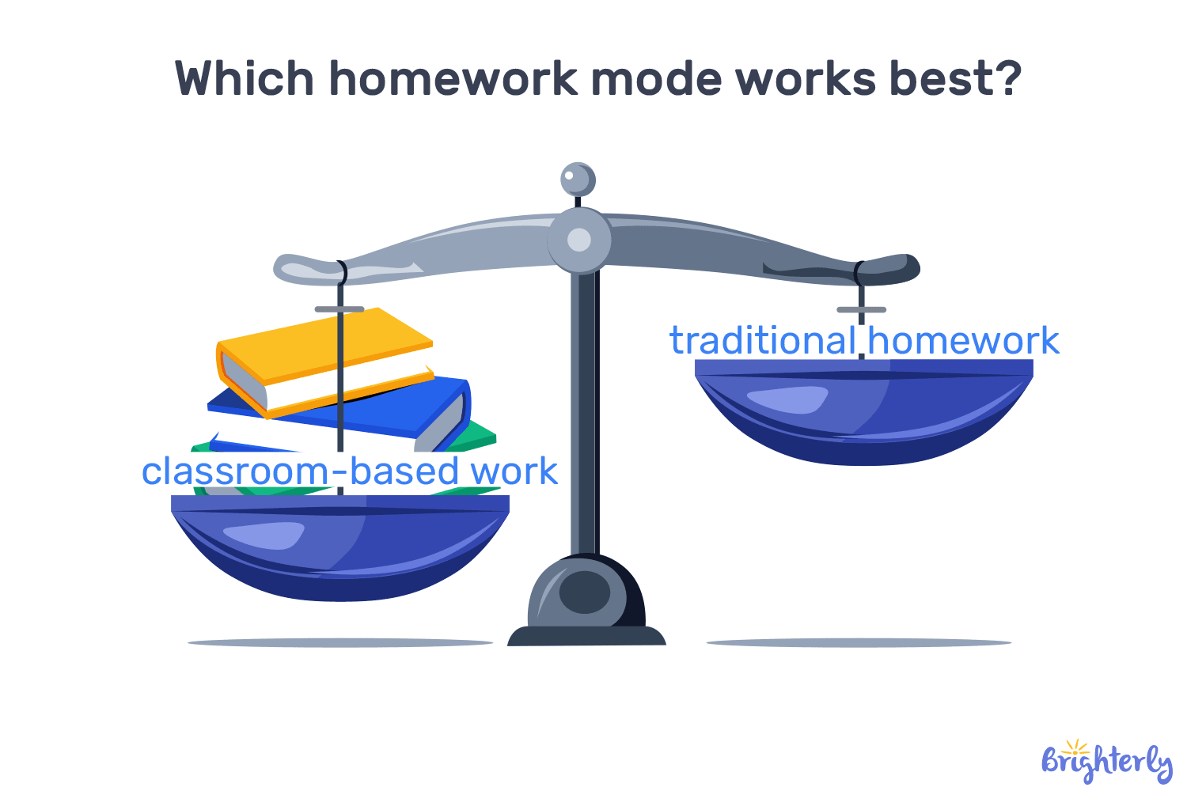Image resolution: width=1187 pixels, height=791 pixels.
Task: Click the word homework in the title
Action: [x=453, y=79]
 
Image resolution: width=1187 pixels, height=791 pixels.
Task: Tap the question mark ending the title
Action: [x=1005, y=79]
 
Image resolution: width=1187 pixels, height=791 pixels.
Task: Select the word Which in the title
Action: [x=244, y=79]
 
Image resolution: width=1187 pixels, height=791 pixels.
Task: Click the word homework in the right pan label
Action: [x=963, y=341]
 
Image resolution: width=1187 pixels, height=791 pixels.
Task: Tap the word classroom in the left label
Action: [x=234, y=471]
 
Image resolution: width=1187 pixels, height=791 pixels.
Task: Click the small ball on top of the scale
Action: [x=578, y=180]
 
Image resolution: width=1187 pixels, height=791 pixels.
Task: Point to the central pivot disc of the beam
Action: [x=579, y=240]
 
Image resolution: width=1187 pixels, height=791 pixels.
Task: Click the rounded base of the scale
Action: [x=586, y=601]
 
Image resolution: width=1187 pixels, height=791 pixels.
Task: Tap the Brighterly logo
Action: [x=1105, y=762]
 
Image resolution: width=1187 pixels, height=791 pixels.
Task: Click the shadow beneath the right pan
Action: [x=859, y=643]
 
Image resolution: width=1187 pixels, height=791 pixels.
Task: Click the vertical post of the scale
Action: [x=584, y=411]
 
